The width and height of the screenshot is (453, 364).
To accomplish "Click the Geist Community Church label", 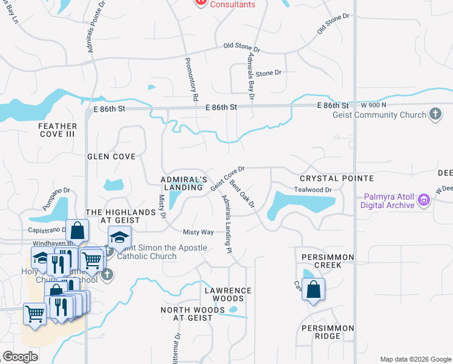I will (x=379, y=115).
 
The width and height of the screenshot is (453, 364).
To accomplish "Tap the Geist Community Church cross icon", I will (x=435, y=114).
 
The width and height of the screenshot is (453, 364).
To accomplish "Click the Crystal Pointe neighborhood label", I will (x=337, y=178).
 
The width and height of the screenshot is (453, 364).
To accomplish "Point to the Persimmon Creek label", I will (x=319, y=261).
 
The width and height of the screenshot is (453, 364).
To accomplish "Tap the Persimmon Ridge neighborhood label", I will (x=327, y=332).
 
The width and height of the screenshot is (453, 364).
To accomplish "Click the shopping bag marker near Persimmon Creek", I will (x=313, y=290).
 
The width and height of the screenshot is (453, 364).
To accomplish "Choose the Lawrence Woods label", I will (x=228, y=294).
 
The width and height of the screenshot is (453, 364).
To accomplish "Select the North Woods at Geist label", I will (x=187, y=314).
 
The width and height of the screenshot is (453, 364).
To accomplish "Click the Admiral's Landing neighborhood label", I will (x=184, y=184).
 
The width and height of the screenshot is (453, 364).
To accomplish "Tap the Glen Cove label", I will (x=111, y=157).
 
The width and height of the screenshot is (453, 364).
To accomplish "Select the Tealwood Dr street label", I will (x=312, y=190).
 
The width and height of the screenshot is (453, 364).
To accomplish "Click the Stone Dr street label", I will (x=269, y=73).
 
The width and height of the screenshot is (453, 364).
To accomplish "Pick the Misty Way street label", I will (x=199, y=232).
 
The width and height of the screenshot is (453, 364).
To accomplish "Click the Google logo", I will (x=20, y=357).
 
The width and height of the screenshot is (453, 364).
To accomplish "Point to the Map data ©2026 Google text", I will (x=415, y=359).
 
